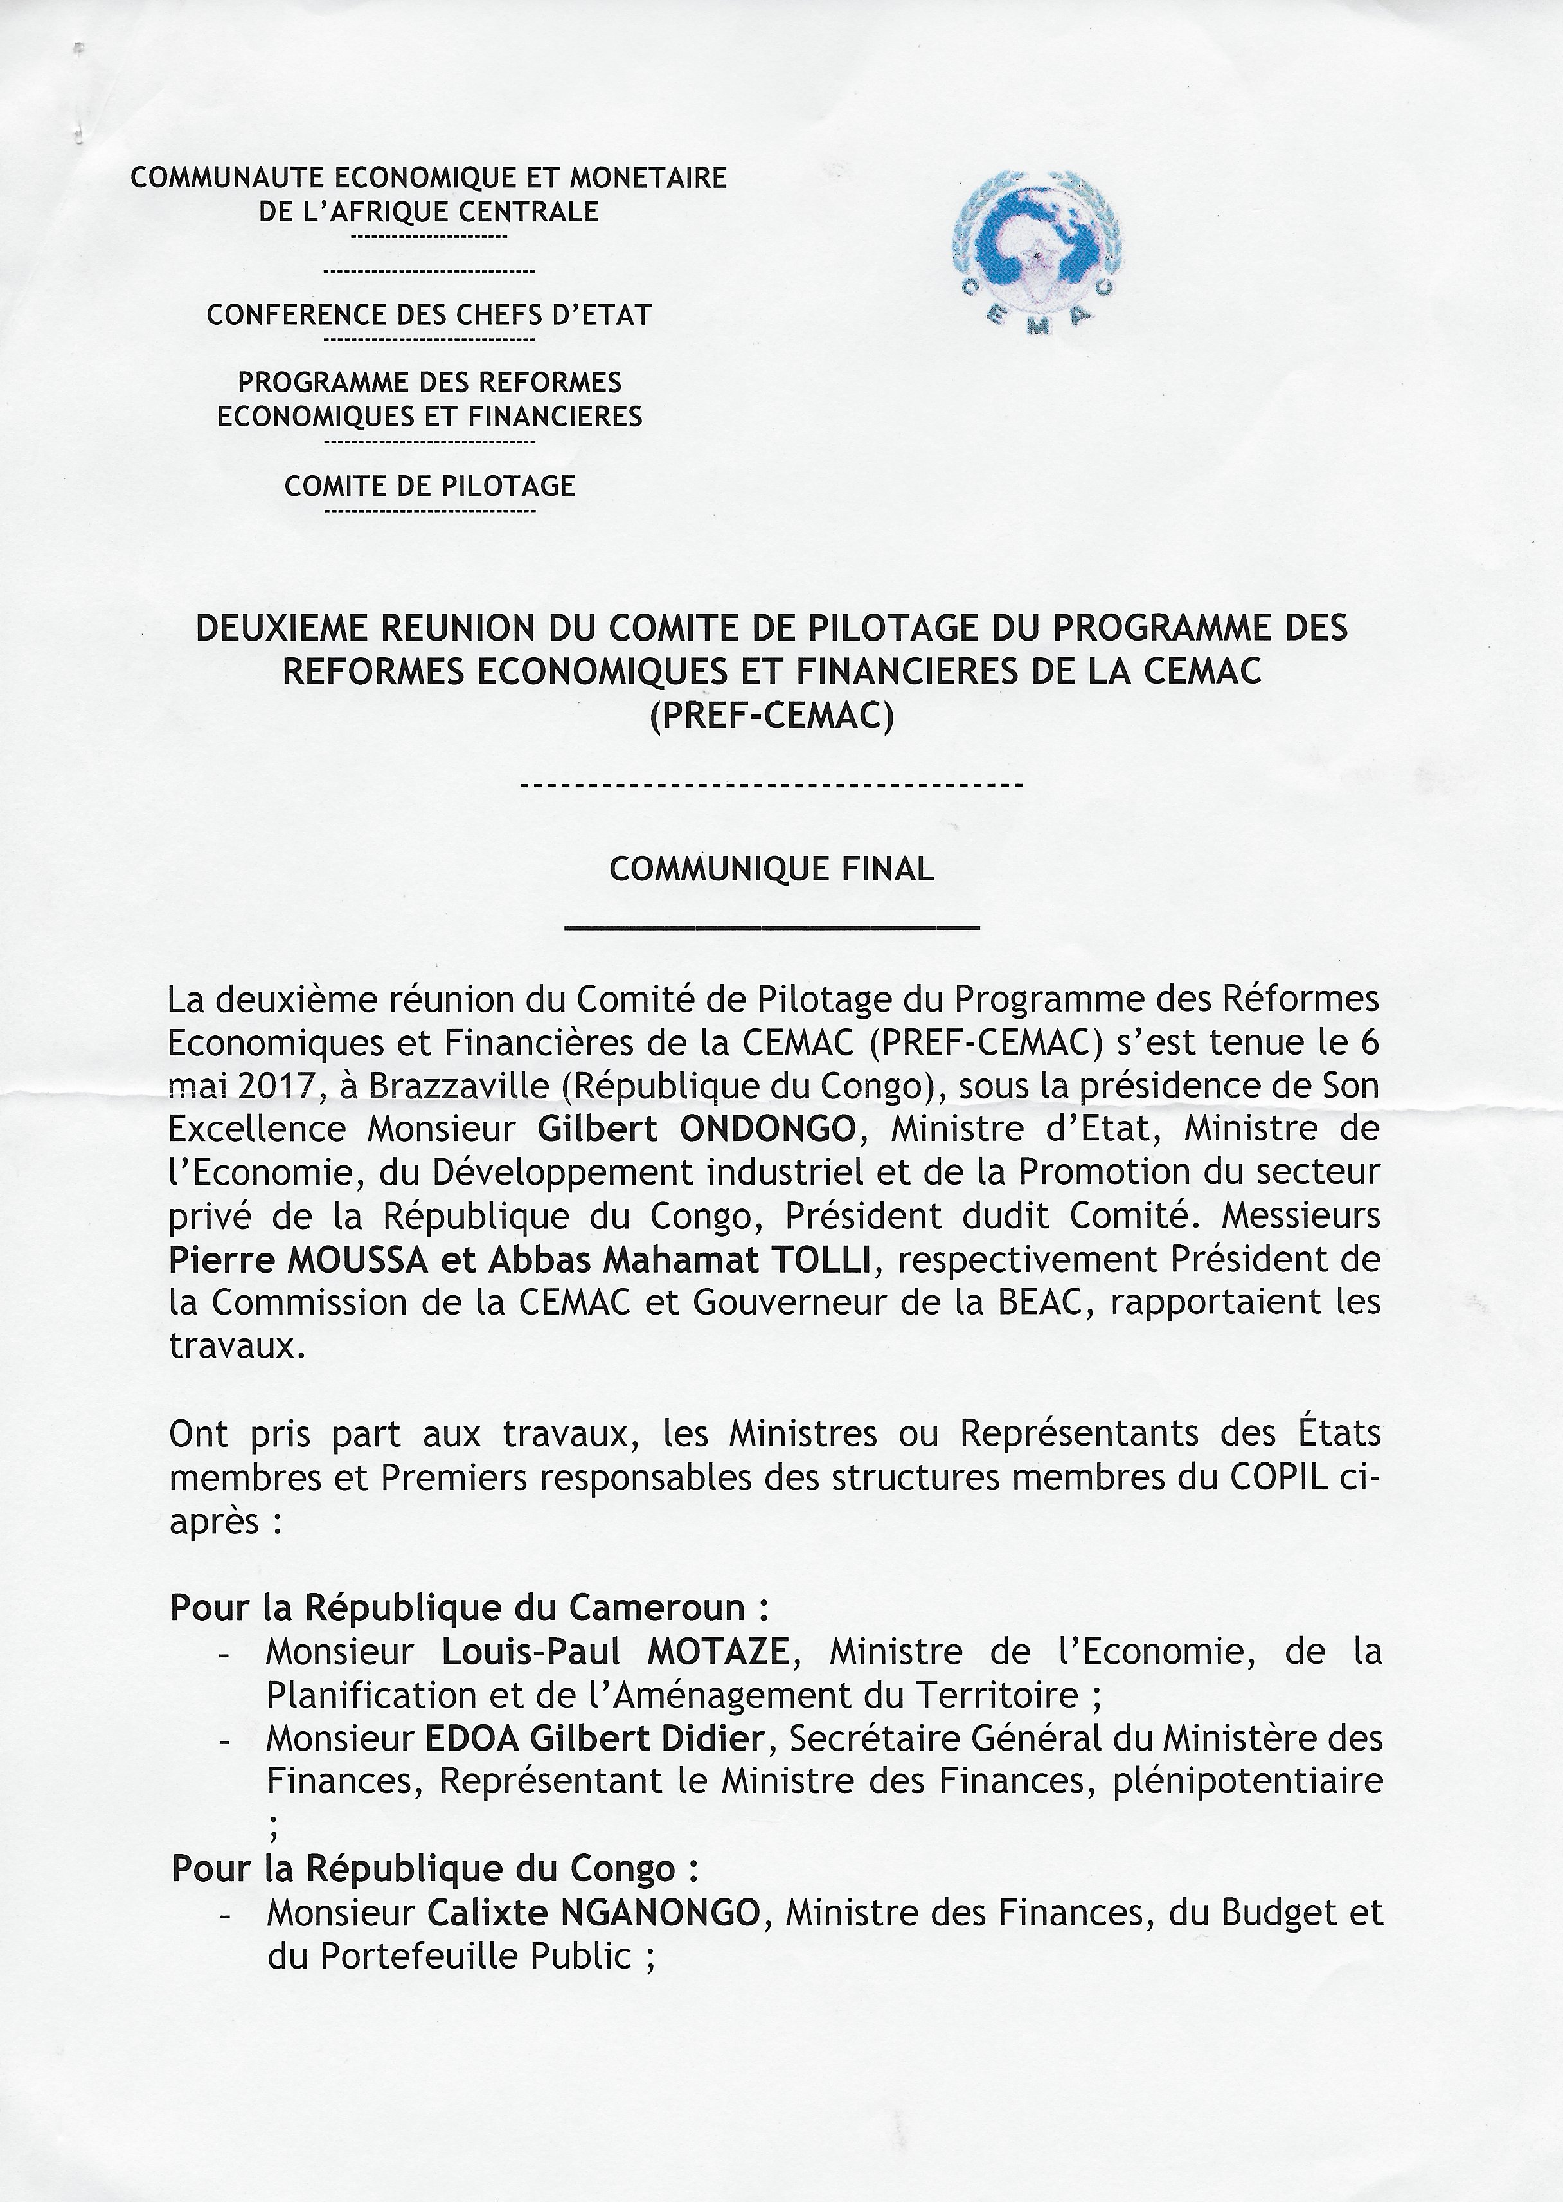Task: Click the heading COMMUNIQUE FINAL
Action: point(772,869)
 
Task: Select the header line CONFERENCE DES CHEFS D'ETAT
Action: point(429,315)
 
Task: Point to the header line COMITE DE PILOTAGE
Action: point(429,486)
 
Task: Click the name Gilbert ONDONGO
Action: point(696,1129)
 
